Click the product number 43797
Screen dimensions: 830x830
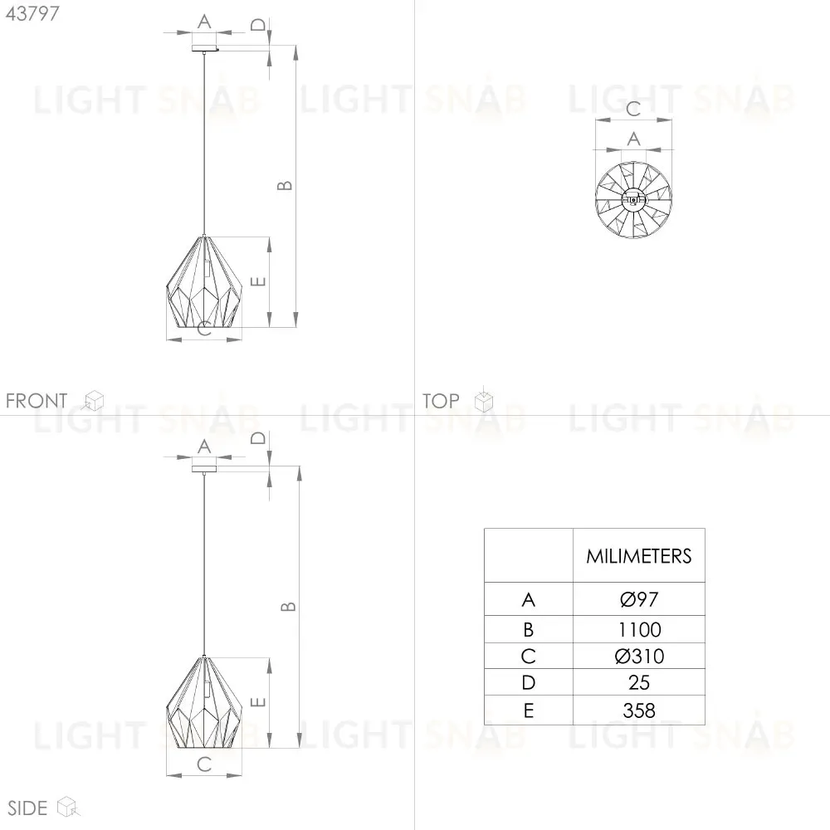click(32, 13)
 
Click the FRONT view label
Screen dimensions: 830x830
click(37, 401)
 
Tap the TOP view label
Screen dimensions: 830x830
click(441, 401)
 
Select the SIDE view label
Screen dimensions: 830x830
click(27, 808)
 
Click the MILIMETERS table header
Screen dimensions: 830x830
click(639, 556)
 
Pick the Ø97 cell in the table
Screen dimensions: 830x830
click(639, 599)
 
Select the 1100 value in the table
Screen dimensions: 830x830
click(639, 629)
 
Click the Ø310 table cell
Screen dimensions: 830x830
click(639, 656)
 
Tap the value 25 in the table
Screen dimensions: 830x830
click(639, 682)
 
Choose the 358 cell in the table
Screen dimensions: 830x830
click(639, 710)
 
